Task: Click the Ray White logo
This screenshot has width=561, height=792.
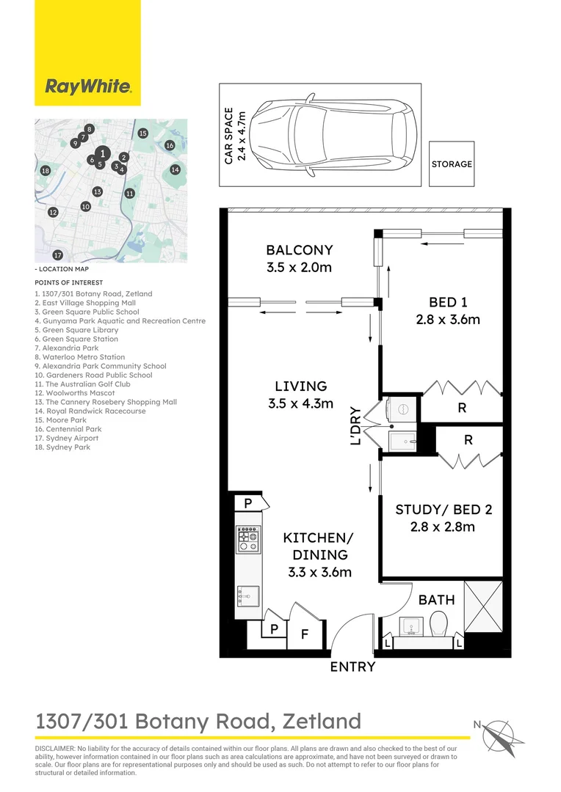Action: (88, 87)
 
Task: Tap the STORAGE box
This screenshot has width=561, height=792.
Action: (452, 164)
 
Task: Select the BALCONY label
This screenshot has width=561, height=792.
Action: (299, 250)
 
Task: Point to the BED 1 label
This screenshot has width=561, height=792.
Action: (449, 302)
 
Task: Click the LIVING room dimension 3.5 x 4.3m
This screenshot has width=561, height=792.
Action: (300, 403)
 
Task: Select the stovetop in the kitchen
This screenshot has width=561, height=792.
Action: (247, 540)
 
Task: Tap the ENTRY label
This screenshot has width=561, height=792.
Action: (352, 667)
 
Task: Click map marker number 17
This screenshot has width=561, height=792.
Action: (57, 255)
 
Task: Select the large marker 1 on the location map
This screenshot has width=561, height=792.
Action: (104, 153)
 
